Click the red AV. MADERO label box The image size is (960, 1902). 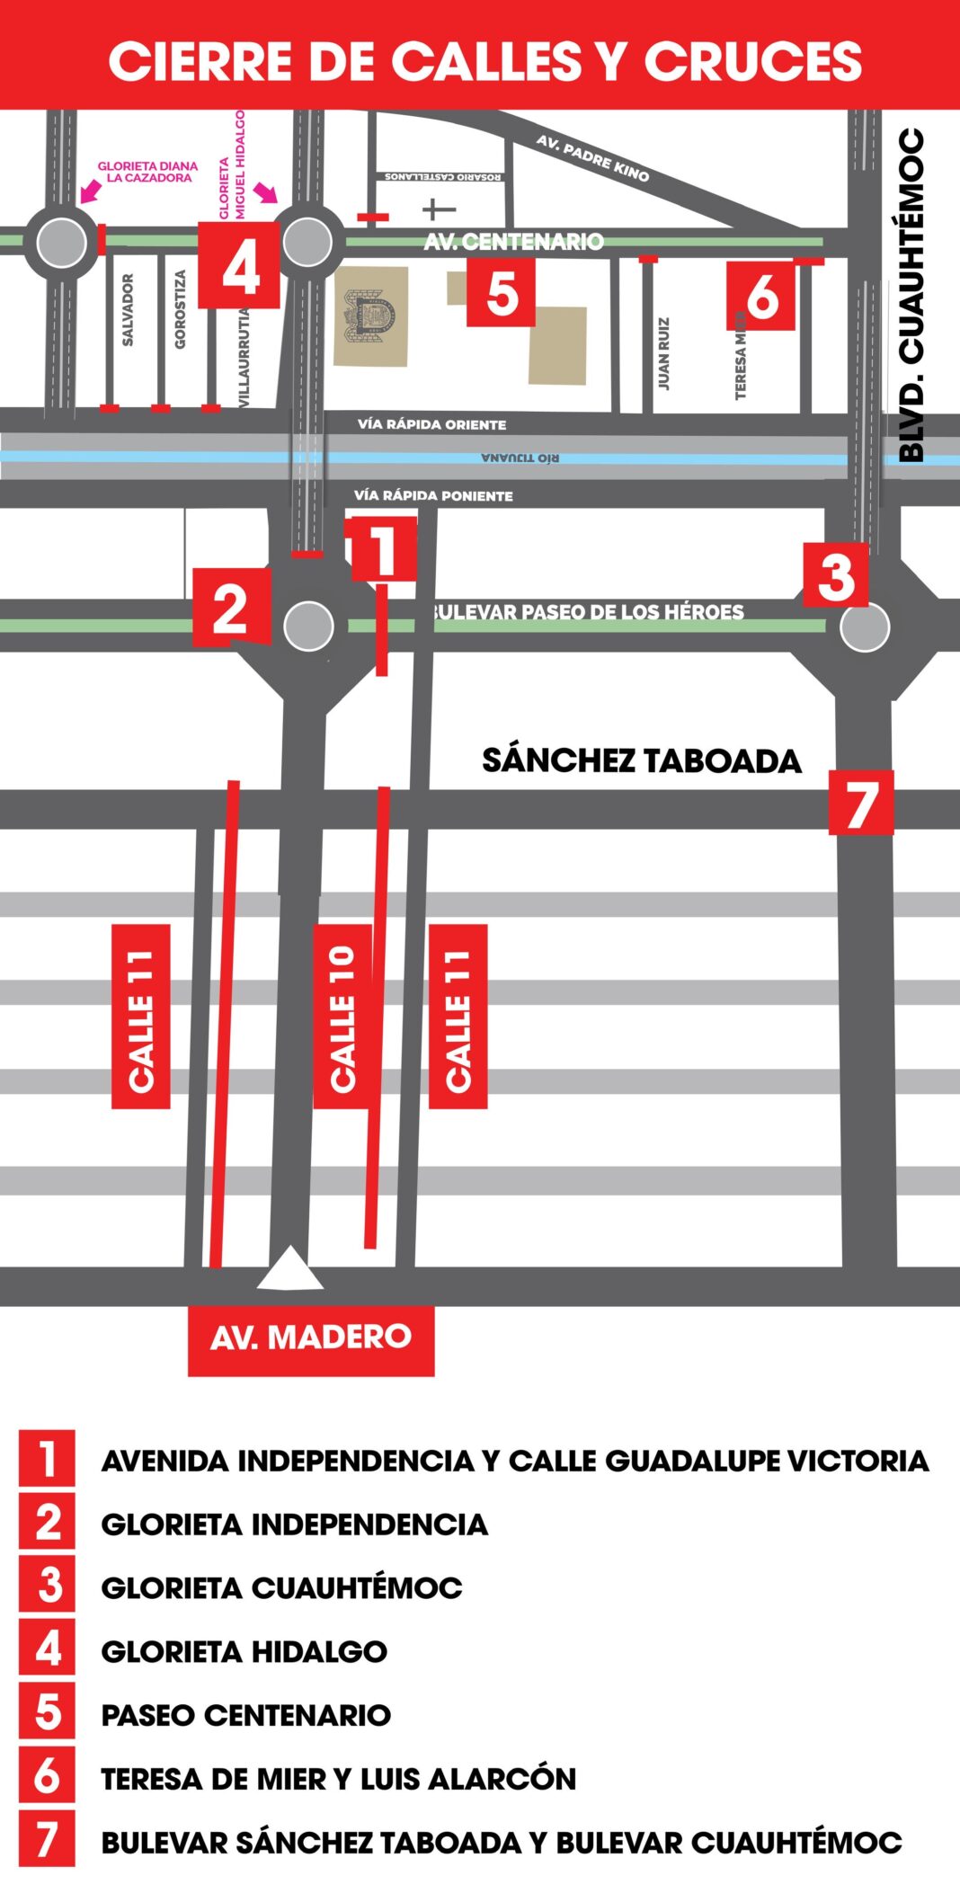coord(311,1338)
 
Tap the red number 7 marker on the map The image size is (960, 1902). coord(860,803)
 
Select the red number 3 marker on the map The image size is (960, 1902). coord(836,575)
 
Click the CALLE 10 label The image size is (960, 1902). coord(342,1017)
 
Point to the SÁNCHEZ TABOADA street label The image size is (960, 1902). coord(641,760)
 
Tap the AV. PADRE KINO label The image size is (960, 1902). coord(592,157)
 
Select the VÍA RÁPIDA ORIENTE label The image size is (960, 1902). coord(431,424)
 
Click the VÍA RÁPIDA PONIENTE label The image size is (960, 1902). coord(433,495)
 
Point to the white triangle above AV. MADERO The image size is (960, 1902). coord(289,1269)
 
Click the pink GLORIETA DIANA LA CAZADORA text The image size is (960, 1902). coord(148,172)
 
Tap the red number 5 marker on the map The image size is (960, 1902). coord(501,292)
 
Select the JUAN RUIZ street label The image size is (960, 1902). coord(663,353)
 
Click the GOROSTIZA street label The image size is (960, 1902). coord(180,310)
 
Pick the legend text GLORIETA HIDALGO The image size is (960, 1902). coord(244,1651)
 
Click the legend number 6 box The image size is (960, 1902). coord(47,1777)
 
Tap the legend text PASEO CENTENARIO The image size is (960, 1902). coord(245,1715)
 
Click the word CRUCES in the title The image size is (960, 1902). coord(753,61)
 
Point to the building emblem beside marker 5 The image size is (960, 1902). coord(370,316)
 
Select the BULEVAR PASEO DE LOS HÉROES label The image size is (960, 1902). coord(589,612)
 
